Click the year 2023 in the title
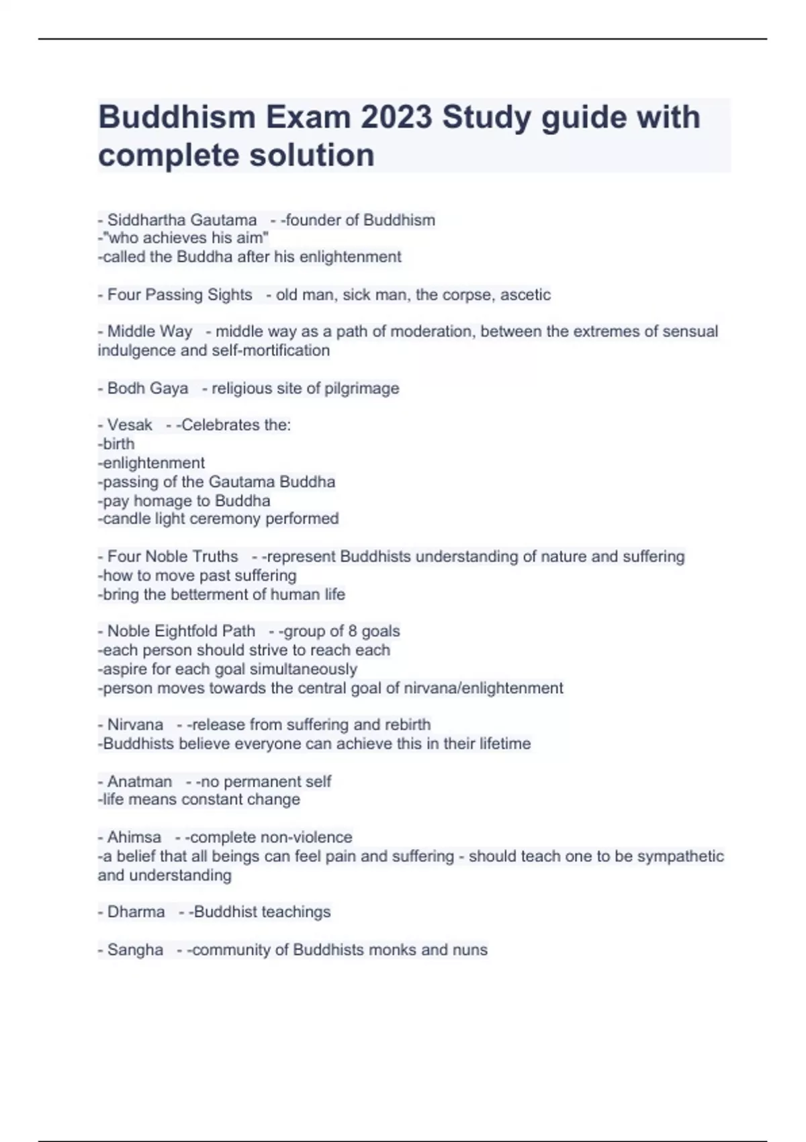(x=396, y=118)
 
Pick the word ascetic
(x=525, y=295)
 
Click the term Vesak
(x=130, y=425)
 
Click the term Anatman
(x=140, y=781)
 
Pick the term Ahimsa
(x=134, y=838)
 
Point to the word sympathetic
(x=680, y=856)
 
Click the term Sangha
(x=135, y=950)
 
